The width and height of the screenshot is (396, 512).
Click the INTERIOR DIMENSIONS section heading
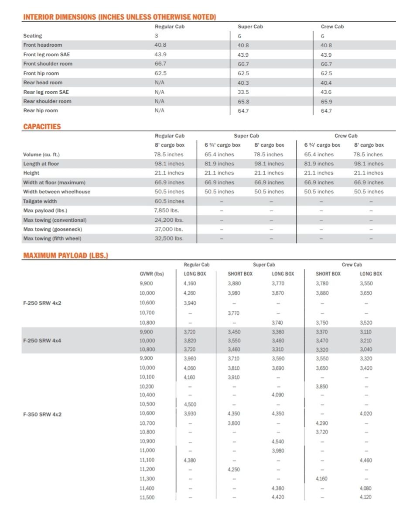[119, 17]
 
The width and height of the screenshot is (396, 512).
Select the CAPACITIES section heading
[42, 127]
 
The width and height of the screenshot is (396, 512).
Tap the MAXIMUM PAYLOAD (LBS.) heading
[65, 255]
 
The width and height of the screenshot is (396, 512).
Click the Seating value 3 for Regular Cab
[157, 36]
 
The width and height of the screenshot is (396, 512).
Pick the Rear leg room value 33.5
[243, 92]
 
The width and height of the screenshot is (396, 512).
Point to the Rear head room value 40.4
[326, 82]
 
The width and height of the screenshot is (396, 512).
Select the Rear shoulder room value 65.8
[243, 101]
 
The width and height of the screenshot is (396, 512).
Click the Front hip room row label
[41, 73]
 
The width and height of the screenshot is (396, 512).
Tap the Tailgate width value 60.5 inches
[169, 201]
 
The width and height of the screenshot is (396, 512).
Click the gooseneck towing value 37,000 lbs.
[169, 229]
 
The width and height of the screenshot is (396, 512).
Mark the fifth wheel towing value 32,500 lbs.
[169, 238]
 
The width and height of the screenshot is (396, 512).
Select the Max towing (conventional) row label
[55, 220]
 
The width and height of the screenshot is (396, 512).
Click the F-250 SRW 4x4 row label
[42, 340]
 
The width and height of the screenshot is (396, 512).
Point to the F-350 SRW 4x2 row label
[42, 414]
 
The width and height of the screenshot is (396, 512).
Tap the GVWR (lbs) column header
[151, 274]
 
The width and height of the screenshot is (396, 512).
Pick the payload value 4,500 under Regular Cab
[190, 404]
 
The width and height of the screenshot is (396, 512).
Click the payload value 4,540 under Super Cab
[278, 441]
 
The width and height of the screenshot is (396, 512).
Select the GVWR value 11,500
[147, 497]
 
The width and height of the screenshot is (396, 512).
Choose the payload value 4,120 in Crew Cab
[366, 497]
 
